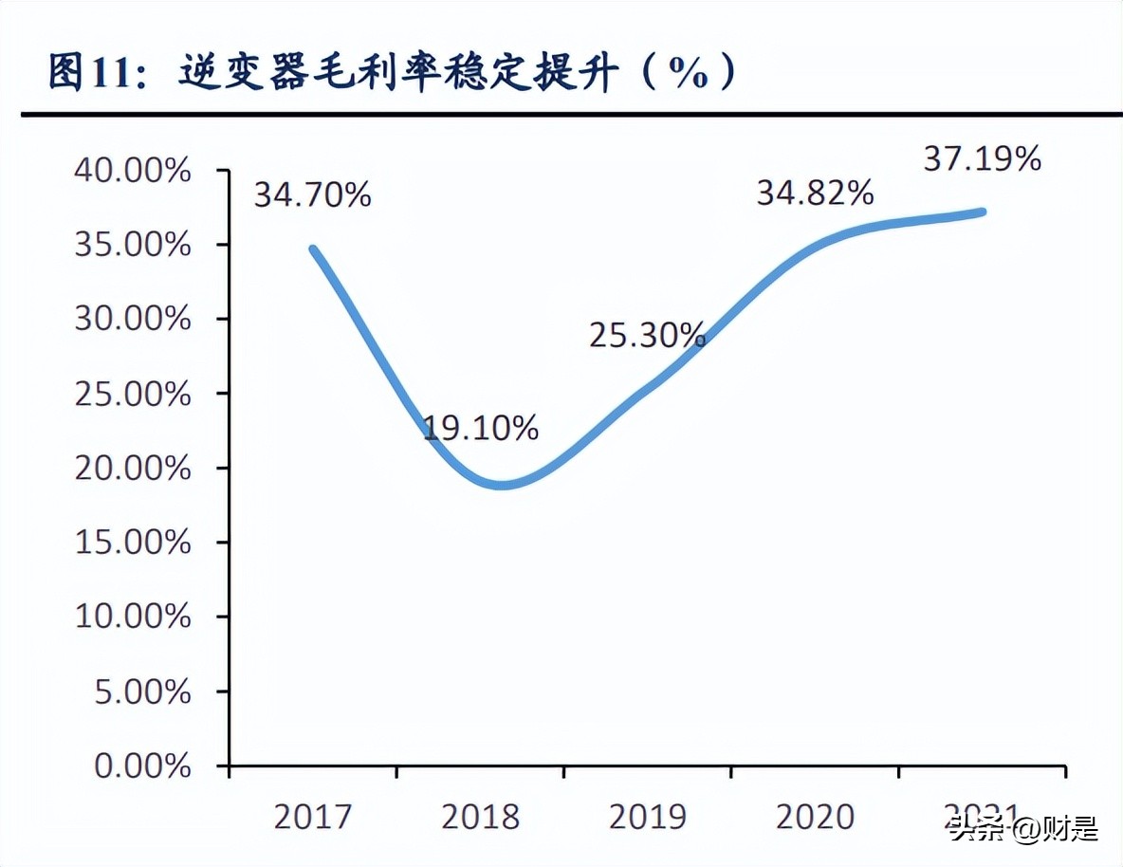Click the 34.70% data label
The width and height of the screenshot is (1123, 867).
(x=312, y=196)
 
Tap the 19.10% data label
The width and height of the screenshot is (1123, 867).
(x=480, y=429)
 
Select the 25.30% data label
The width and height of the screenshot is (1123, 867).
(x=647, y=335)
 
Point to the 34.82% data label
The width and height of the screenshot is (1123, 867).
(x=814, y=194)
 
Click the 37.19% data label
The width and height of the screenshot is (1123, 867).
(x=982, y=159)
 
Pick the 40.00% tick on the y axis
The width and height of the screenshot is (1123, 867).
(x=133, y=172)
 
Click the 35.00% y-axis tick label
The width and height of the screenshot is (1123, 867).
(x=133, y=246)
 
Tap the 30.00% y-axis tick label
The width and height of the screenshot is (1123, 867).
(x=133, y=320)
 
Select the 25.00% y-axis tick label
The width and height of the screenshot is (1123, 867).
(x=133, y=394)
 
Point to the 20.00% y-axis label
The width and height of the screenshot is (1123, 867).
(x=133, y=469)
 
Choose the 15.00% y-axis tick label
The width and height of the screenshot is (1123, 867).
(x=133, y=543)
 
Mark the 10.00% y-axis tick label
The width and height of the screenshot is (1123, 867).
(x=133, y=617)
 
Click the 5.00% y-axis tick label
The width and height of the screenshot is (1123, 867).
(x=143, y=692)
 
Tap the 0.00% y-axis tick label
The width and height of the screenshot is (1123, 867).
(x=143, y=766)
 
